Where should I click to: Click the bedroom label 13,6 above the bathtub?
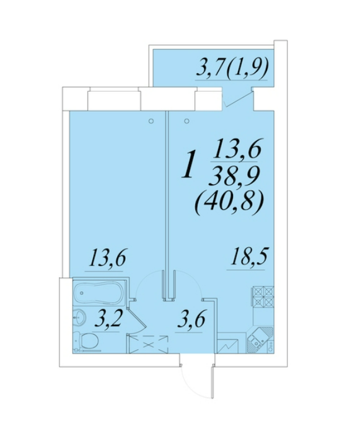107,257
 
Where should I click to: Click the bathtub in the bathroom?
99,294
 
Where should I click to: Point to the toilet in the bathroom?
87,340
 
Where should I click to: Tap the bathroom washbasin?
79,318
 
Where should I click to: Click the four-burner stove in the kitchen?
263,296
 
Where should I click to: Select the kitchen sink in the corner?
260,340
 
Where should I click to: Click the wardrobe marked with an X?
148,344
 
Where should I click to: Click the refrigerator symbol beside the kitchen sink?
228,345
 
